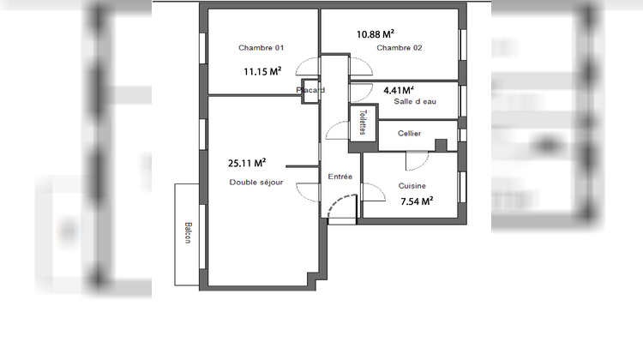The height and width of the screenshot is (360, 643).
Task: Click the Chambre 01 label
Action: (261, 47)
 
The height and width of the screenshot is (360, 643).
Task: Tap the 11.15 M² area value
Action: (262, 72)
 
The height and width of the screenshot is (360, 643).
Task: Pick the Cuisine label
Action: (412, 186)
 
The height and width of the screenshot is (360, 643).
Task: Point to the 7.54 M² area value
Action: (417, 201)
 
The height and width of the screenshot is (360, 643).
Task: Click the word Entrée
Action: (340, 176)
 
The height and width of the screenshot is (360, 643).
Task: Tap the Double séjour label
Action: (255, 182)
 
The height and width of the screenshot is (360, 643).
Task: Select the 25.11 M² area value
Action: (246, 162)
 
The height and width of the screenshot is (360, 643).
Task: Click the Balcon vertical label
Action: (186, 234)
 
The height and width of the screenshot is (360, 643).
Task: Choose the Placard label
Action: (309, 89)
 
